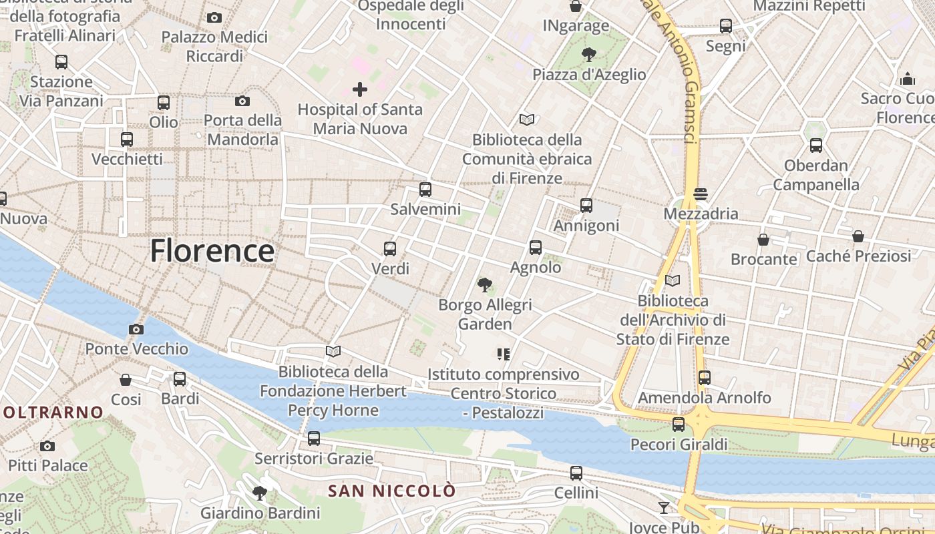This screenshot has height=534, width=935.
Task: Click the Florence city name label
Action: click(212, 252)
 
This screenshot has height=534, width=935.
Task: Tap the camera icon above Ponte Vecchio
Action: click(136, 329)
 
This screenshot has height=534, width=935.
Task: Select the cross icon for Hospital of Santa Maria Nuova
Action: click(360, 89)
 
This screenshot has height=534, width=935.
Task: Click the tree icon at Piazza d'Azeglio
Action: click(588, 55)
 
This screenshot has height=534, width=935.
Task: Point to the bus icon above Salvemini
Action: click(425, 190)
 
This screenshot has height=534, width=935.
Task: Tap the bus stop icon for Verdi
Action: click(390, 249)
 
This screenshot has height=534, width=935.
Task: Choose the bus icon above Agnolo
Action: click(535, 248)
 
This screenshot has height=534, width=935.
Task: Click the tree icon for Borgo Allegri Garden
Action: click(485, 285)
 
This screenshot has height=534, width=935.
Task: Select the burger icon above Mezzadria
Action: click(700, 194)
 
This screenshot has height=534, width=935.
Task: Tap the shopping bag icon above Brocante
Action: click(763, 240)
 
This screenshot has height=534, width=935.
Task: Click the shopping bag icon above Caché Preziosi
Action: click(858, 236)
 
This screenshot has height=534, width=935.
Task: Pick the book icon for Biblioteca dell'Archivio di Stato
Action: click(673, 281)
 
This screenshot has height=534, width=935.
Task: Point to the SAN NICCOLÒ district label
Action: click(392, 491)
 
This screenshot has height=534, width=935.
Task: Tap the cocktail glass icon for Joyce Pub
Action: click(663, 508)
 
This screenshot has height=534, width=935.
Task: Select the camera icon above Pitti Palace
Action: click(47, 446)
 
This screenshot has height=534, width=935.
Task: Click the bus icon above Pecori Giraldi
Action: click(679, 425)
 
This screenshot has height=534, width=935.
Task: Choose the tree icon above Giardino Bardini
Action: click(260, 493)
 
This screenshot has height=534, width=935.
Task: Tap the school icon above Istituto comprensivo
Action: click(504, 354)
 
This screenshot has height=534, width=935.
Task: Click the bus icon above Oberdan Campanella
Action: click(815, 146)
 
